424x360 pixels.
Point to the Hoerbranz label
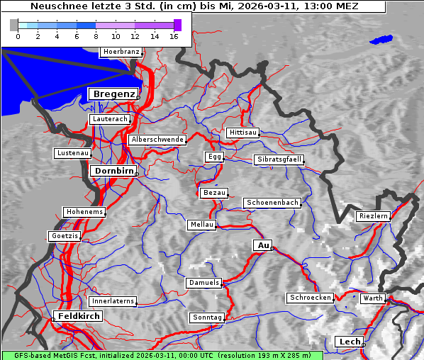[x=121, y=52]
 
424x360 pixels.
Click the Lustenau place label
[x=72, y=153]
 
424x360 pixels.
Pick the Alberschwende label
[x=157, y=140]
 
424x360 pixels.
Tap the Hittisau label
[x=243, y=133]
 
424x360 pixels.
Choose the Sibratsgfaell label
[x=279, y=159]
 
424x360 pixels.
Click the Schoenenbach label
[x=272, y=203]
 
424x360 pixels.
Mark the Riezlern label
[x=373, y=215]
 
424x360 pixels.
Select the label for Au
[x=262, y=245]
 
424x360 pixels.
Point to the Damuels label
[x=204, y=283]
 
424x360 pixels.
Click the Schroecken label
[x=310, y=298]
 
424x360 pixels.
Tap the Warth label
[x=372, y=298]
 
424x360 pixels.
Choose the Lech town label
[x=350, y=342]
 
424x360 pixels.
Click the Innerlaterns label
[x=113, y=301]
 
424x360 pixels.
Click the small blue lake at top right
[x=381, y=40]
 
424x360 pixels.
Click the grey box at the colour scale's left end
[x=13, y=25]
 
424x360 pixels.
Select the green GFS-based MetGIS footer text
[x=162, y=355]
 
